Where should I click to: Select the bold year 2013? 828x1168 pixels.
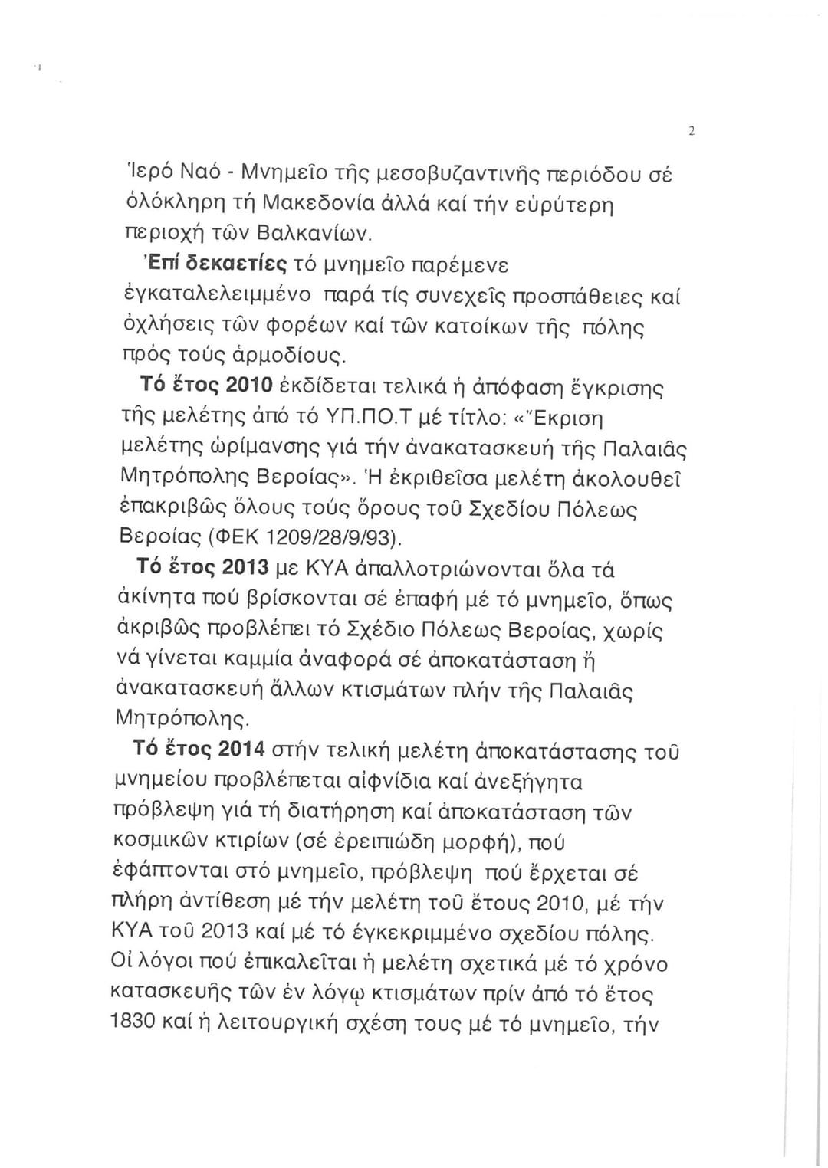[246, 569]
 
